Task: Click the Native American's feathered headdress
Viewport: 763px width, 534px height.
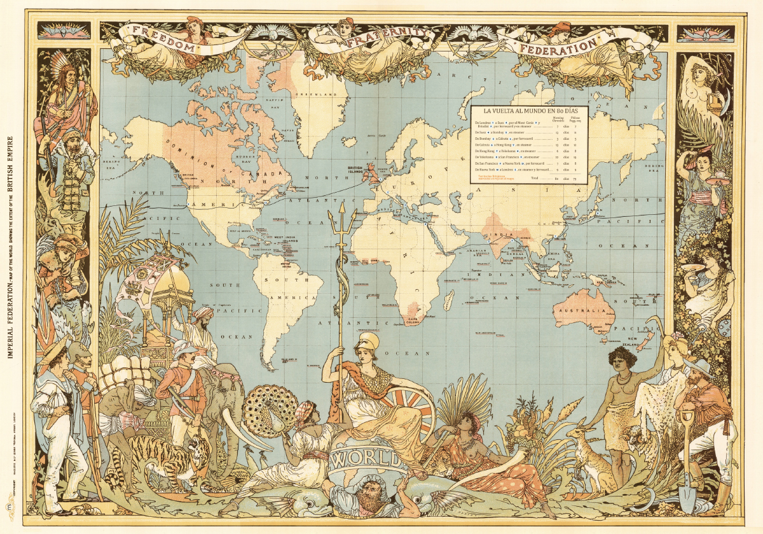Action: tap(64, 66)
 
